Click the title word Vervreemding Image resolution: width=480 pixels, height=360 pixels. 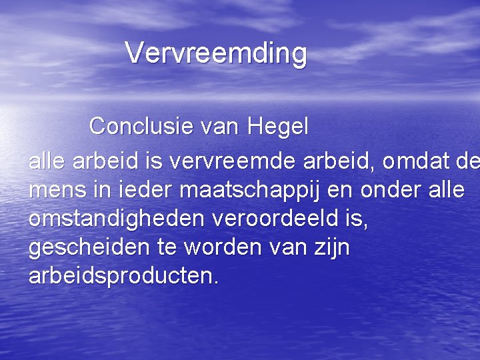pos(216,53)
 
